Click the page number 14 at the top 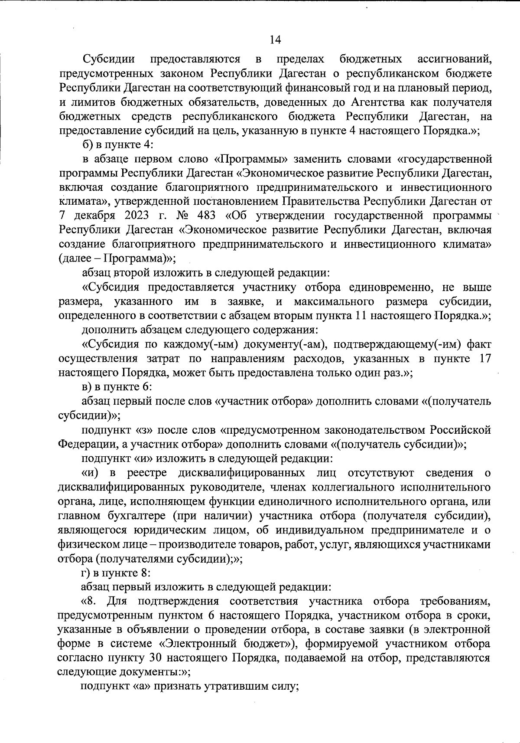coord(275,40)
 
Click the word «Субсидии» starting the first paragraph coord(109,59)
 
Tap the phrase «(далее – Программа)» coord(116,259)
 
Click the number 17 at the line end coord(483,359)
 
